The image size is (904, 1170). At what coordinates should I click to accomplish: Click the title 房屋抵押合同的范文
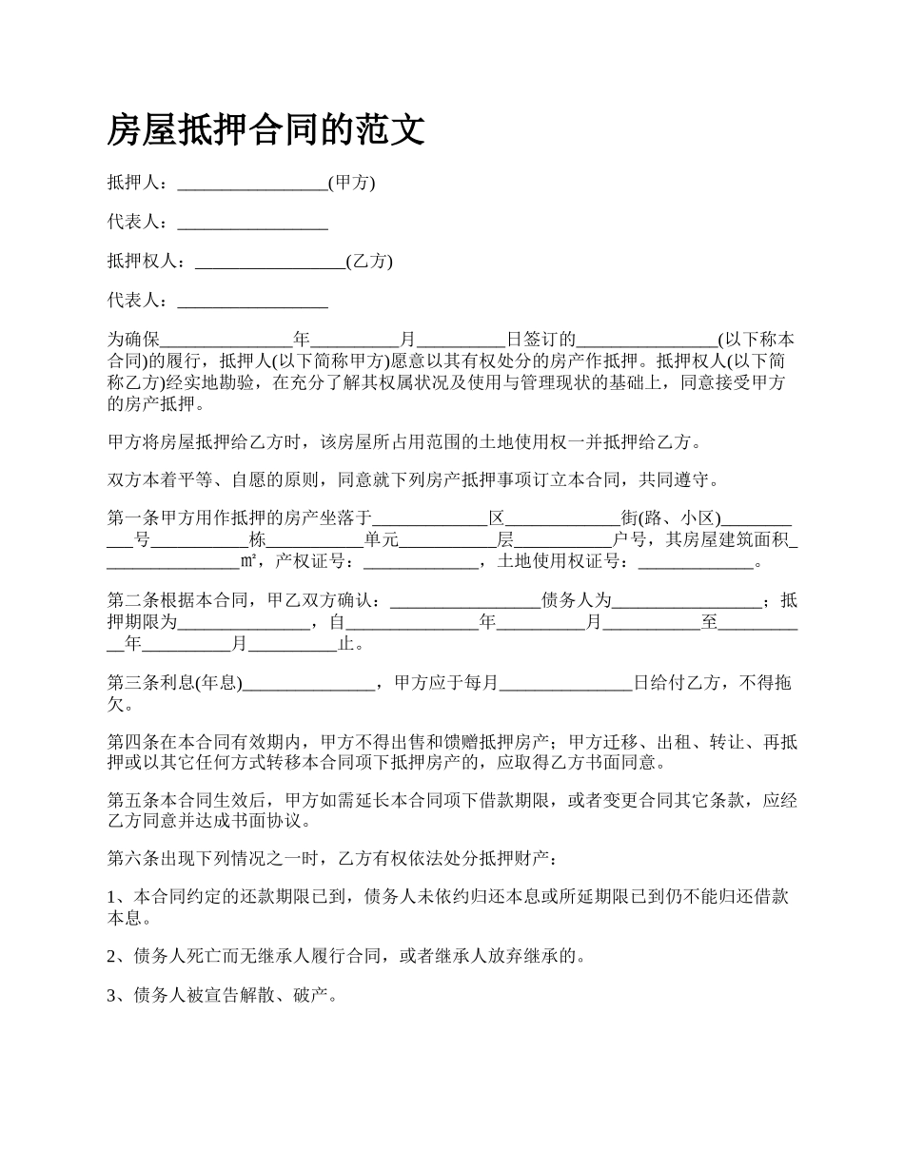click(x=265, y=130)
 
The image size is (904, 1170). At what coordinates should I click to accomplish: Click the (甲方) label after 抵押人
click(x=351, y=184)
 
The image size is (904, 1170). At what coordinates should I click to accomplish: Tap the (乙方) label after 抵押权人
click(x=369, y=262)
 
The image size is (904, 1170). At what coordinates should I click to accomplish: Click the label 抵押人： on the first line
click(x=141, y=184)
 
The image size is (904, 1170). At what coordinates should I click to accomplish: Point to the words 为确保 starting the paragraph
click(x=132, y=340)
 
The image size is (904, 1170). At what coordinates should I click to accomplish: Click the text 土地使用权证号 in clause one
click(x=560, y=562)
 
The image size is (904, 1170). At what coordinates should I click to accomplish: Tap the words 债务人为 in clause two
click(x=575, y=601)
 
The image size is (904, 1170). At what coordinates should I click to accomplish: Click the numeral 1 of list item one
click(x=111, y=897)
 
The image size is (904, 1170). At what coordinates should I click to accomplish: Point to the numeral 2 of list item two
click(x=111, y=956)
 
